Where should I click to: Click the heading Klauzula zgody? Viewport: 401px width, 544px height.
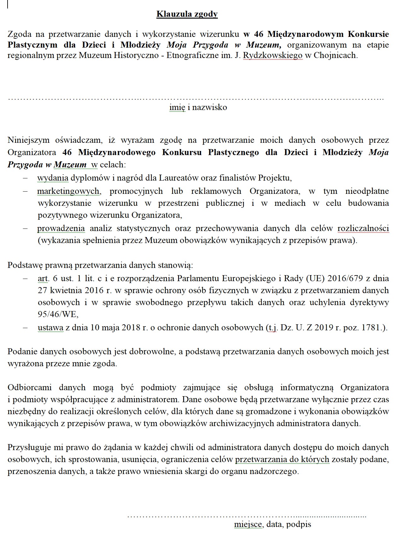pyautogui.click(x=187, y=14)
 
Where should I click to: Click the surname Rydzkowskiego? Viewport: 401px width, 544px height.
pyautogui.click(x=273, y=55)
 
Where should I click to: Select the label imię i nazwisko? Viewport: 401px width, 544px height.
pyautogui.click(x=198, y=107)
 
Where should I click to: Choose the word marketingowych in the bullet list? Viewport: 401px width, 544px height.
pyautogui.click(x=68, y=191)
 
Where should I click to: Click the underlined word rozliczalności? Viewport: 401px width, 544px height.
pyautogui.click(x=363, y=228)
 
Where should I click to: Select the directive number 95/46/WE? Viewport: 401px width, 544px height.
pyautogui.click(x=58, y=315)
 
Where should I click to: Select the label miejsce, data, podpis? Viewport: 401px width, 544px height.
pyautogui.click(x=272, y=524)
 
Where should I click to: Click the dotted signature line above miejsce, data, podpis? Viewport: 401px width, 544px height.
pyautogui.click(x=247, y=516)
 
